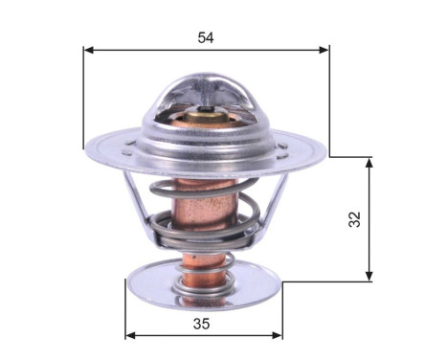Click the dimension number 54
point(205,37)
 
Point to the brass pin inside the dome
point(206,124)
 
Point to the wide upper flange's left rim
point(91,148)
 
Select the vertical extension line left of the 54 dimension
point(84,96)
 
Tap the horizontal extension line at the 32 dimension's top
point(349,157)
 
